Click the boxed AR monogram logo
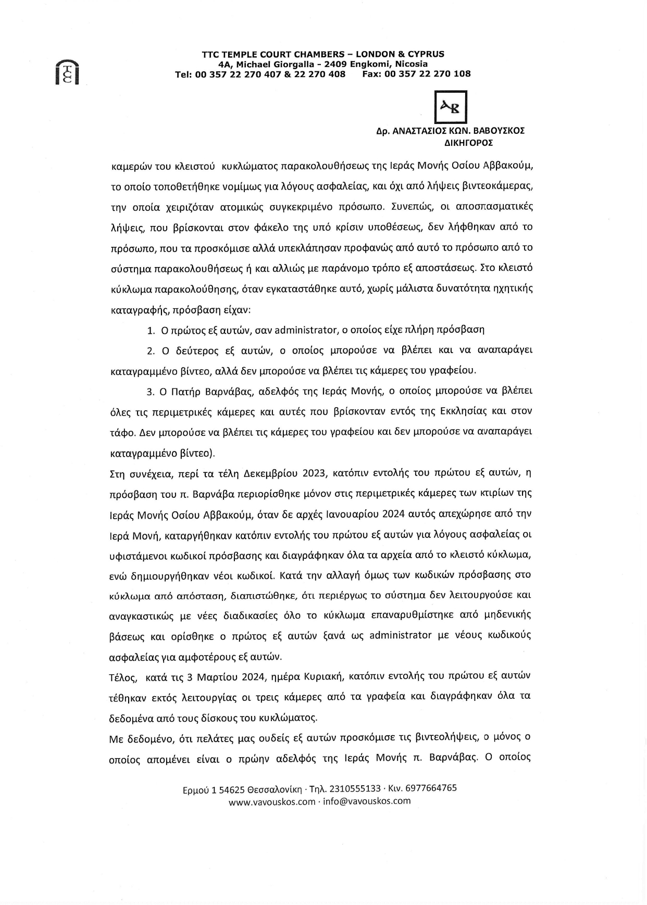451,107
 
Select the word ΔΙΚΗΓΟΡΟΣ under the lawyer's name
468,142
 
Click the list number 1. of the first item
151,330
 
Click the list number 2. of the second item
151,350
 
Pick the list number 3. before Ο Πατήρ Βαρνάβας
151,391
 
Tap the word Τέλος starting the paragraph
122,676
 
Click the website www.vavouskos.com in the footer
272,802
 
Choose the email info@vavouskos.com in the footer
367,801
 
